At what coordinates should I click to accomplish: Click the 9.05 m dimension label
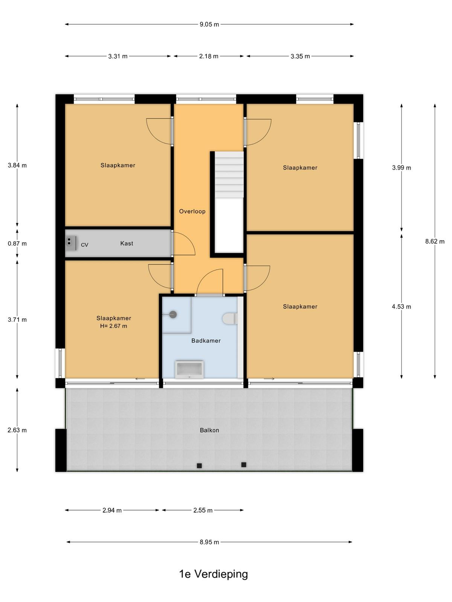(x=209, y=24)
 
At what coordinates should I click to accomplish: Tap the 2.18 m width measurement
(x=209, y=56)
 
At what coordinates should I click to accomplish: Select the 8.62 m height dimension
(x=435, y=241)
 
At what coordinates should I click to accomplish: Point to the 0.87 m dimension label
(x=17, y=243)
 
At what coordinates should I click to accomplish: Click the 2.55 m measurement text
(x=203, y=511)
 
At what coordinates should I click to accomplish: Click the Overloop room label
(x=192, y=211)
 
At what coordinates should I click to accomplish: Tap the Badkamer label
(x=206, y=341)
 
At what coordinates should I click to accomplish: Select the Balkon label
(x=209, y=430)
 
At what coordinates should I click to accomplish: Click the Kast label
(x=127, y=243)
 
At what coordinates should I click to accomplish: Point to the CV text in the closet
(x=84, y=245)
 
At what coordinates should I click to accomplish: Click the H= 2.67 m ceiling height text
(x=114, y=326)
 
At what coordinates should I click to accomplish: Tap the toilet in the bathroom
(x=230, y=319)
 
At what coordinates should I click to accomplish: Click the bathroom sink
(x=189, y=369)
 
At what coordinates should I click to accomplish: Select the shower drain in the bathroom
(x=173, y=315)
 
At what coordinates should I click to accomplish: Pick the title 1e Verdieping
(x=213, y=574)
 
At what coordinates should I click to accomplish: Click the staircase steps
(x=229, y=175)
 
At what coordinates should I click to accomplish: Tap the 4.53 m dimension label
(x=401, y=307)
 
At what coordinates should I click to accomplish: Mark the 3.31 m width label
(x=118, y=56)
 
